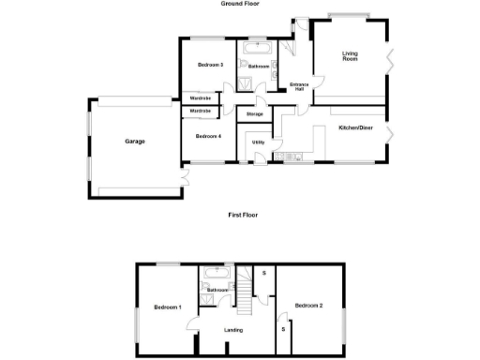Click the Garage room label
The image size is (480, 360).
coord(135,142)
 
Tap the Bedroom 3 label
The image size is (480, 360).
coord(210,65)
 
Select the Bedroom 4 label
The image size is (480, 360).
coord(208,136)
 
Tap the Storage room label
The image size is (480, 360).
coord(254,113)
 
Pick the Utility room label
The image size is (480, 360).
coord(258,142)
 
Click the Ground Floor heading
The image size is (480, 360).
coord(240,5)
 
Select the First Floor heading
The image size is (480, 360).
coord(243,215)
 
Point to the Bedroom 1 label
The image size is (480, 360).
coord(168,307)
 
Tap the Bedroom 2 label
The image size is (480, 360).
coord(308,306)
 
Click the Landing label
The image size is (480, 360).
coord(233,329)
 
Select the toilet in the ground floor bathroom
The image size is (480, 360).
coord(244,66)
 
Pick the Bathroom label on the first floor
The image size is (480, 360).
coord(219,291)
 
